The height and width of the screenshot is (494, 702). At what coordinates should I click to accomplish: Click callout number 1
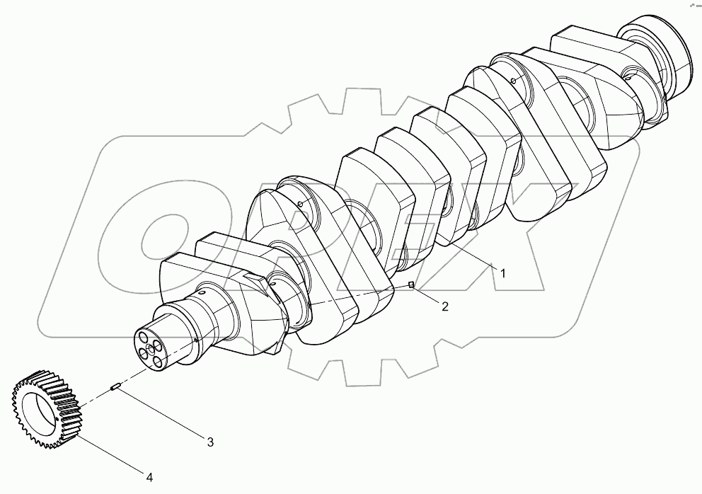tap(502, 272)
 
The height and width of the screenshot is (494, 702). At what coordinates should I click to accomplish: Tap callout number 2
tap(444, 306)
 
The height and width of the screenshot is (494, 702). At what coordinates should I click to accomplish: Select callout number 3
tap(210, 442)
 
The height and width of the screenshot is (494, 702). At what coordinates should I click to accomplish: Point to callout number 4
tap(149, 478)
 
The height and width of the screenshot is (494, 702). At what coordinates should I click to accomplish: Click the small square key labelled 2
tap(410, 285)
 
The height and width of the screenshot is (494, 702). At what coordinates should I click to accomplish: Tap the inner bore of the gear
tap(39, 411)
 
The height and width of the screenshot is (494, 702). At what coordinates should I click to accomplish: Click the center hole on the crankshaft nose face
tap(150, 350)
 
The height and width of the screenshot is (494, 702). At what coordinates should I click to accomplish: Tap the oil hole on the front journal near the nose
tap(202, 291)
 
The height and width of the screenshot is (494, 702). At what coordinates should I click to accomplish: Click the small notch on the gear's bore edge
tap(55, 424)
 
